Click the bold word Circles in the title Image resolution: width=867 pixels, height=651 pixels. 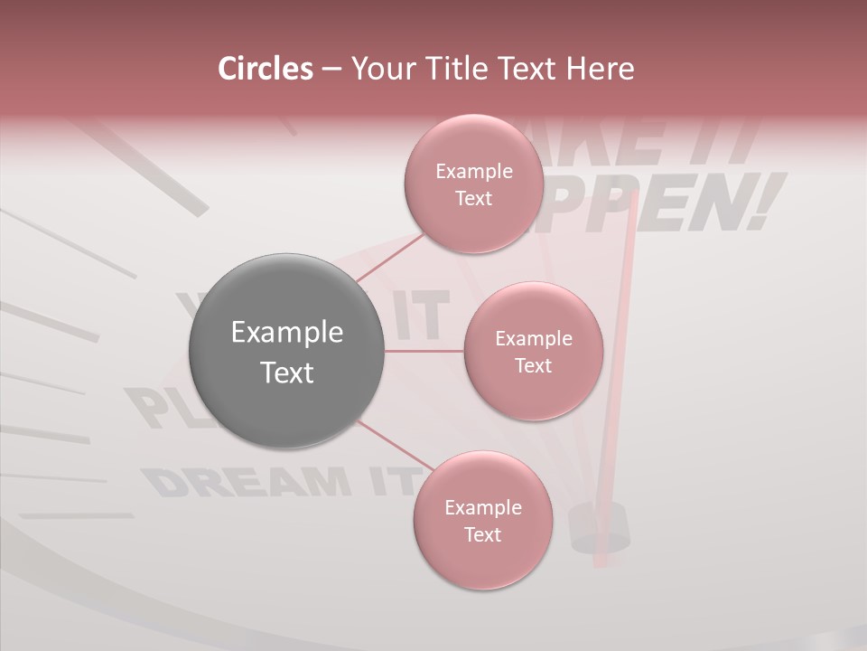[x=266, y=69]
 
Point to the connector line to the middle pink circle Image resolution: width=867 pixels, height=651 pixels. [x=424, y=351]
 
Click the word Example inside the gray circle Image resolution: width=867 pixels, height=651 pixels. [x=287, y=333]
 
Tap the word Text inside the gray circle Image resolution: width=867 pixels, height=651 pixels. [x=287, y=373]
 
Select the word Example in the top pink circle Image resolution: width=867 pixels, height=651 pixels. [x=473, y=172]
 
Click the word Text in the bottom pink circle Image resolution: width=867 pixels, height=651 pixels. [x=482, y=534]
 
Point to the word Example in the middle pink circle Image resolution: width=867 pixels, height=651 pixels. [x=533, y=339]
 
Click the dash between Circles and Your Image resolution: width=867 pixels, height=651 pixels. [x=331, y=69]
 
